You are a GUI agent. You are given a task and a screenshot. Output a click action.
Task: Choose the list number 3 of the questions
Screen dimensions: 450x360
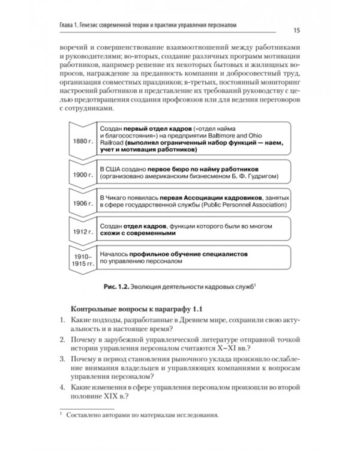62,358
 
